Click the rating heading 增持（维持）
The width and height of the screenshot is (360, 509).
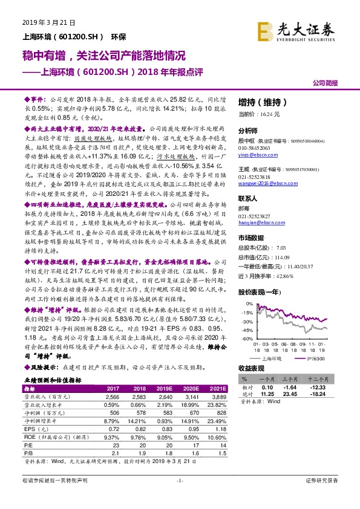[261, 101]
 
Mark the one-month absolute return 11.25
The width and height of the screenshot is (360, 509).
[267, 394]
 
